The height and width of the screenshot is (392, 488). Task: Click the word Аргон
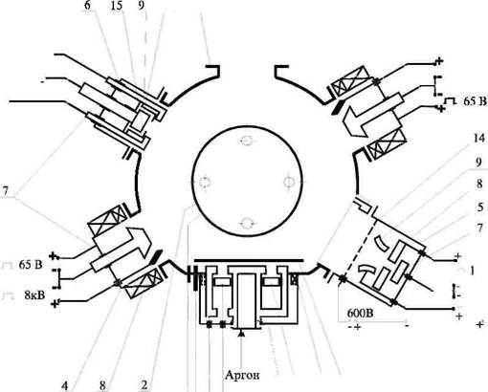tap(242, 375)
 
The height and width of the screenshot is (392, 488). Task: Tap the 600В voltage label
tap(360, 314)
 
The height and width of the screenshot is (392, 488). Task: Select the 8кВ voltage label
tap(34, 295)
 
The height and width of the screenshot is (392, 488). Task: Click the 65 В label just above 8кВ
tap(31, 265)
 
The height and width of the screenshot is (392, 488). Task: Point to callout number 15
tap(117, 6)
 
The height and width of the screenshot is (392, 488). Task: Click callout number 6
tap(88, 6)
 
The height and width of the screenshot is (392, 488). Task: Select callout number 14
tap(479, 139)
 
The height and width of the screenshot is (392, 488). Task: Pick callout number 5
tap(480, 207)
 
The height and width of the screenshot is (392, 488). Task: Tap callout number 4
tap(65, 386)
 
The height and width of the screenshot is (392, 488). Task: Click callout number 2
tap(144, 385)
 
